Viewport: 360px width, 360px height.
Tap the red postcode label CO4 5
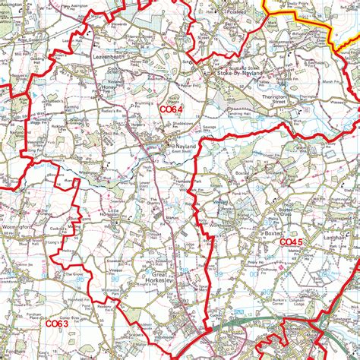291,242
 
